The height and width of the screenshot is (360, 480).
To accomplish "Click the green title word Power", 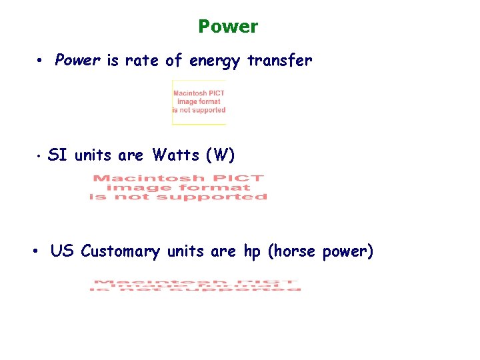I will [228, 27].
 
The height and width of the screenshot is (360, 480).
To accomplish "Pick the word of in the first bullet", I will [174, 61].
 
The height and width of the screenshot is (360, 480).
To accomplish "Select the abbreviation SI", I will [58, 155].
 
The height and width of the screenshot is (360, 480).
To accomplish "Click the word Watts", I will [176, 155].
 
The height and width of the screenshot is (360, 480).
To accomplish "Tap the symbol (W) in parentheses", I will [221, 155].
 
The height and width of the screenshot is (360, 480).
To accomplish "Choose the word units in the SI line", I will [94, 155].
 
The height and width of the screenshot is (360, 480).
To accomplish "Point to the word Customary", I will [120, 252].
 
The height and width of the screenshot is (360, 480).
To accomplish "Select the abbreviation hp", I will [252, 251].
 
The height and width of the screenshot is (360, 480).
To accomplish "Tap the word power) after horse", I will [348, 252].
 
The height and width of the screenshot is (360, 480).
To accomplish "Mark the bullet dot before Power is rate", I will [41, 61].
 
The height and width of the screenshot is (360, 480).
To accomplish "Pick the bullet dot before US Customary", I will [37, 252].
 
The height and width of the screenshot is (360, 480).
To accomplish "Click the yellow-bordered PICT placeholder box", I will [199, 102].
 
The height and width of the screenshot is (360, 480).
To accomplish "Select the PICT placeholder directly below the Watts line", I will [178, 187].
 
